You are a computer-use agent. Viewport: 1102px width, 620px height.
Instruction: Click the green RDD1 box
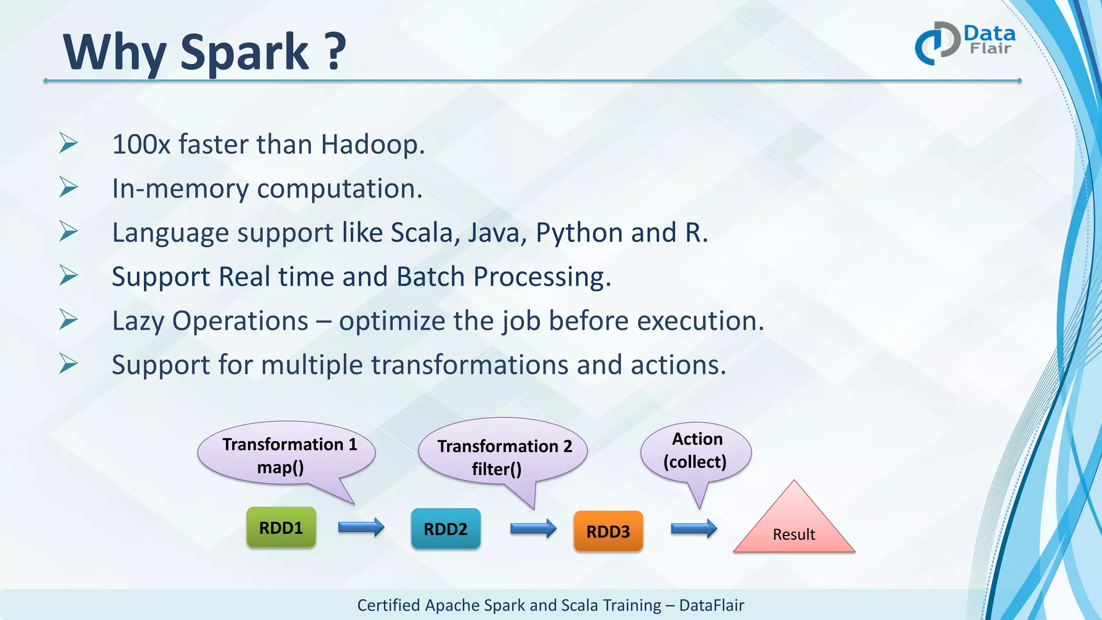pos(281,527)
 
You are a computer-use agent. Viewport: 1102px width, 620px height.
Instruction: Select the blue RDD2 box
pos(446,529)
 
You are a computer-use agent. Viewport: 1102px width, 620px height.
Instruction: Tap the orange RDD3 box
pos(608,531)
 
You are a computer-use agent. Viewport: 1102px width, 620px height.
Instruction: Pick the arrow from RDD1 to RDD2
pos(361,527)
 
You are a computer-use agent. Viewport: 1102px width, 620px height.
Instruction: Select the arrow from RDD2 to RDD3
pos(533,529)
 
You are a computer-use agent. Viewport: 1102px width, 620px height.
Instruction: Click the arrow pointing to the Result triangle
pos(694,529)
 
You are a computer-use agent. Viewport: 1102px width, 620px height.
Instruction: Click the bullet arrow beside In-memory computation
pos(68,187)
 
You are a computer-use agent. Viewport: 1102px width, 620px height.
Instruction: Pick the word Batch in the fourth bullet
pos(430,277)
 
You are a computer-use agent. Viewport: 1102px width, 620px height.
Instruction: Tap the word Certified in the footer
pos(388,605)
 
